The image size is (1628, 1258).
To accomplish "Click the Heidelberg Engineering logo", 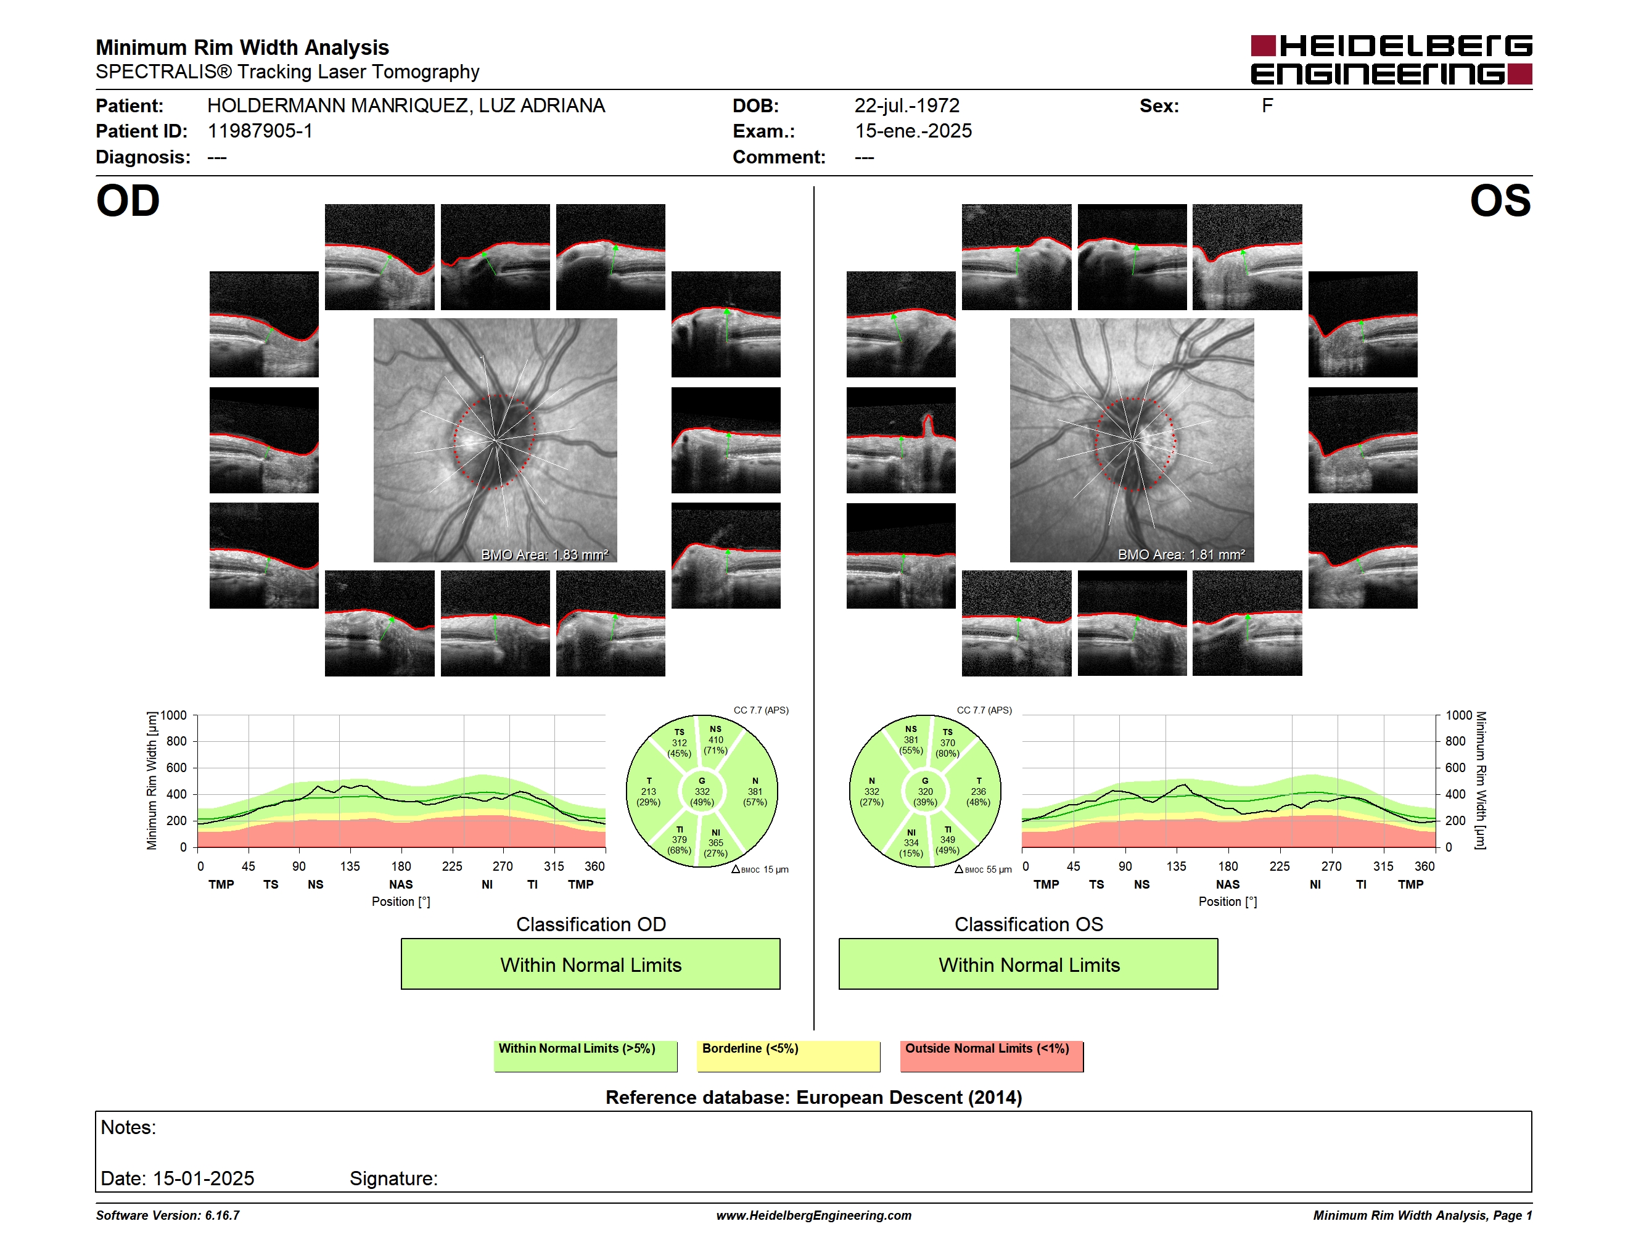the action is click(1391, 60).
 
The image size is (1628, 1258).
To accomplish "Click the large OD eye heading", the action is click(128, 201).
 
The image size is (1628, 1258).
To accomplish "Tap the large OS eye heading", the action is click(1500, 201).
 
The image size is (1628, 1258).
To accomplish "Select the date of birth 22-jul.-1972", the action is click(906, 106).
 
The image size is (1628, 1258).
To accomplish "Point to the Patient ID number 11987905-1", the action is click(260, 131).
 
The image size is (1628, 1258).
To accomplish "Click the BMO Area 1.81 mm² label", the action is click(1181, 554).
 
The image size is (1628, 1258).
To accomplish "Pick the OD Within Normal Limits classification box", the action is click(590, 964).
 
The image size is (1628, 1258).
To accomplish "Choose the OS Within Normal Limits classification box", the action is click(1028, 964).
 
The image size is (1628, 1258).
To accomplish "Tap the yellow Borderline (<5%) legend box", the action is click(788, 1056).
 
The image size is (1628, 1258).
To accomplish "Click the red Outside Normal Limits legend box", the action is click(992, 1056).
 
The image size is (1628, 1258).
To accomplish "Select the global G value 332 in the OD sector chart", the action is click(701, 791).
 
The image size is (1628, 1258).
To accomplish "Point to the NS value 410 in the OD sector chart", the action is click(715, 740).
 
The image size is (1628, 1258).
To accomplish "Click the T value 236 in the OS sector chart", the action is click(978, 791).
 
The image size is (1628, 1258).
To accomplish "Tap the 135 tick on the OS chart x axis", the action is click(1176, 866).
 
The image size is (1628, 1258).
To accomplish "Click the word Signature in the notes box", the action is click(393, 1178).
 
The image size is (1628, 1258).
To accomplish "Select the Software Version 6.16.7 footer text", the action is click(168, 1215).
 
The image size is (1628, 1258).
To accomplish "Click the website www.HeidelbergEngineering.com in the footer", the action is click(814, 1215).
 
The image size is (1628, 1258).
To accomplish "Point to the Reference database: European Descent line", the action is click(814, 1097).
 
